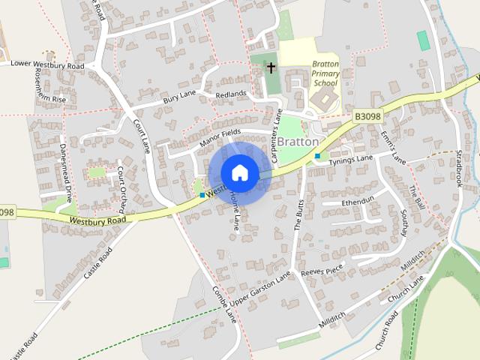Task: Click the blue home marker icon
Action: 239,172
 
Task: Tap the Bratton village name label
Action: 298,141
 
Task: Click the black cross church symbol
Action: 271,68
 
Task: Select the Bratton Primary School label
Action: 325,75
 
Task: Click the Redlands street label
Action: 230,94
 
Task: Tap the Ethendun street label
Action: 357,202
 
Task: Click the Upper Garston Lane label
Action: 259,288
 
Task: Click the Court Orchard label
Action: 122,187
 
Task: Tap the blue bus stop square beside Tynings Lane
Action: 318,156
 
